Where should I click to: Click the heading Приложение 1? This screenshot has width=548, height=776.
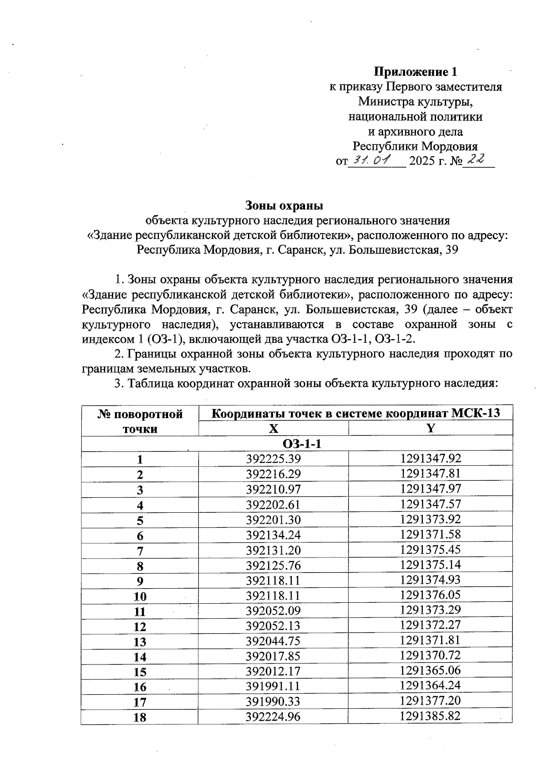(415, 72)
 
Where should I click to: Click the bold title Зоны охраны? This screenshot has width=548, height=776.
(284, 205)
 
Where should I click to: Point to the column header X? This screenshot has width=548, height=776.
(273, 429)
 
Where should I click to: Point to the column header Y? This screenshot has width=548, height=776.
(430, 428)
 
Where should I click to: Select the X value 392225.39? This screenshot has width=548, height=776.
(273, 459)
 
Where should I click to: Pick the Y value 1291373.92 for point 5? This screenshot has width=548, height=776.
(430, 519)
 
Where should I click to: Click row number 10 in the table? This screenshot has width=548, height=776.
(140, 596)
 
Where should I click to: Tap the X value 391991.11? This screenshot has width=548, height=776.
(273, 686)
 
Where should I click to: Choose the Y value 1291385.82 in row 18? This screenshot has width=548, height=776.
(430, 716)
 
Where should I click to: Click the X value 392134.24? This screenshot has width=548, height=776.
(273, 535)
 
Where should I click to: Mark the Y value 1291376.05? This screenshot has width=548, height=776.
(430, 595)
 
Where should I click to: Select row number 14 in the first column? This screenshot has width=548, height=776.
(140, 657)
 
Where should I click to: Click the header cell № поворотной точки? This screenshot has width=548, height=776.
(140, 421)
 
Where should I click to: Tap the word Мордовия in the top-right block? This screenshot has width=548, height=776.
(449, 146)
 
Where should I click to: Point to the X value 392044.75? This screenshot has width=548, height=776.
(273, 641)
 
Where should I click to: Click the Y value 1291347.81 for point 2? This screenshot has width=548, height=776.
(430, 473)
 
